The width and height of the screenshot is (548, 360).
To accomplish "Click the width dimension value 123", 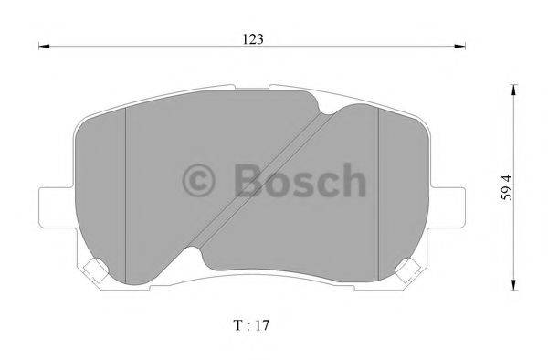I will point(254,37).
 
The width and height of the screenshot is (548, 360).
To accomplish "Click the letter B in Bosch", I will point(247,179).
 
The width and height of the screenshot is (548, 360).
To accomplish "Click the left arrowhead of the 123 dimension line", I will point(42,48).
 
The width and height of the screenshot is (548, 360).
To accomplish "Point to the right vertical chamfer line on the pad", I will point(378,183).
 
